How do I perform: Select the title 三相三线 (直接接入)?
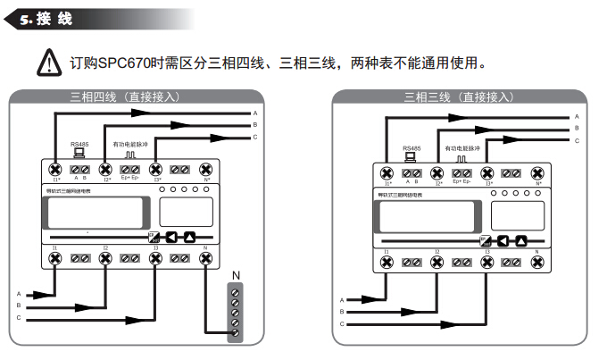pos(459,96)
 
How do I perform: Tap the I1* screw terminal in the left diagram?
pos(54,169)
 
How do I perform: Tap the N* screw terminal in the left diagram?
pos(207,169)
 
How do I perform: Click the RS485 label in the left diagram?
pos(79,144)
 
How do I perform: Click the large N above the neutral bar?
pos(237,275)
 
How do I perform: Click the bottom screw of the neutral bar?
pos(236,333)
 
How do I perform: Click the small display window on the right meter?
pos(518,213)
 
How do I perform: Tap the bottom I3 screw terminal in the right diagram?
pos(487,263)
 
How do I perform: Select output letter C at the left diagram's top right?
pos(254,137)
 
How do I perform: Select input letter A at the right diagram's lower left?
pos(341,300)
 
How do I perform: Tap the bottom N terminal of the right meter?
pos(538,263)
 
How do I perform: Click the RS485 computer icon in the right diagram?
pos(411,157)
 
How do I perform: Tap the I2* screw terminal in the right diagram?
pos(437,173)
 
